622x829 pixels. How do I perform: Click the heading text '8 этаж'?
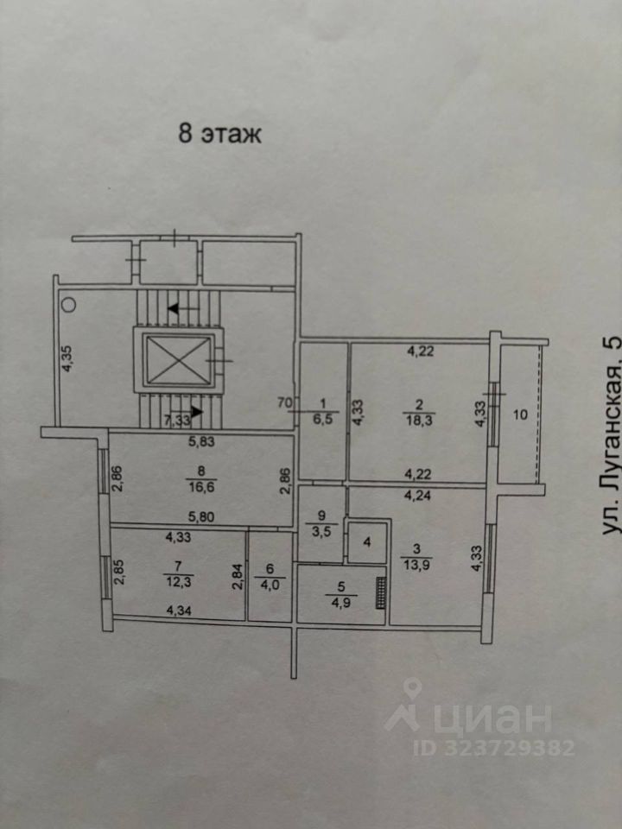click(219, 135)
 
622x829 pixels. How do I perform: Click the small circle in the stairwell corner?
click(68, 303)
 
